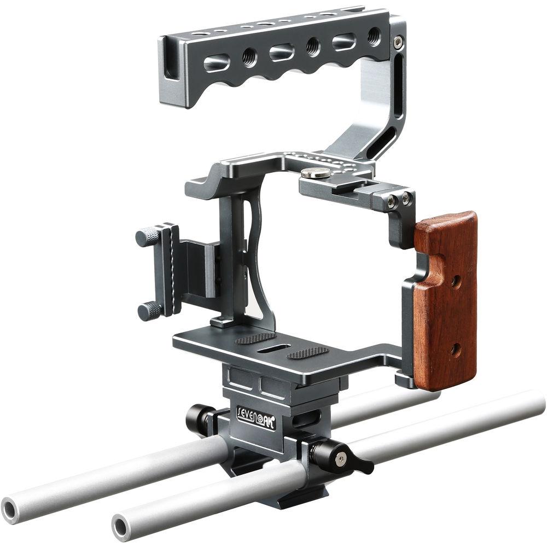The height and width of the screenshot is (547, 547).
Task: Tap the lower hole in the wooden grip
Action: (455, 349)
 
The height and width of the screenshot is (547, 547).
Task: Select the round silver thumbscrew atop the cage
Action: (315, 174)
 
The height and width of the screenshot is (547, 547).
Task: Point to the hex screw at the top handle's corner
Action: (399, 41)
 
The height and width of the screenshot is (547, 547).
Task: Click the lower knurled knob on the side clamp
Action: (149, 311)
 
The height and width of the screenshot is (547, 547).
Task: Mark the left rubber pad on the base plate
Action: (256, 339)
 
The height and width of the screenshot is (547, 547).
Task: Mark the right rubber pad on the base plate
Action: (308, 353)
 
